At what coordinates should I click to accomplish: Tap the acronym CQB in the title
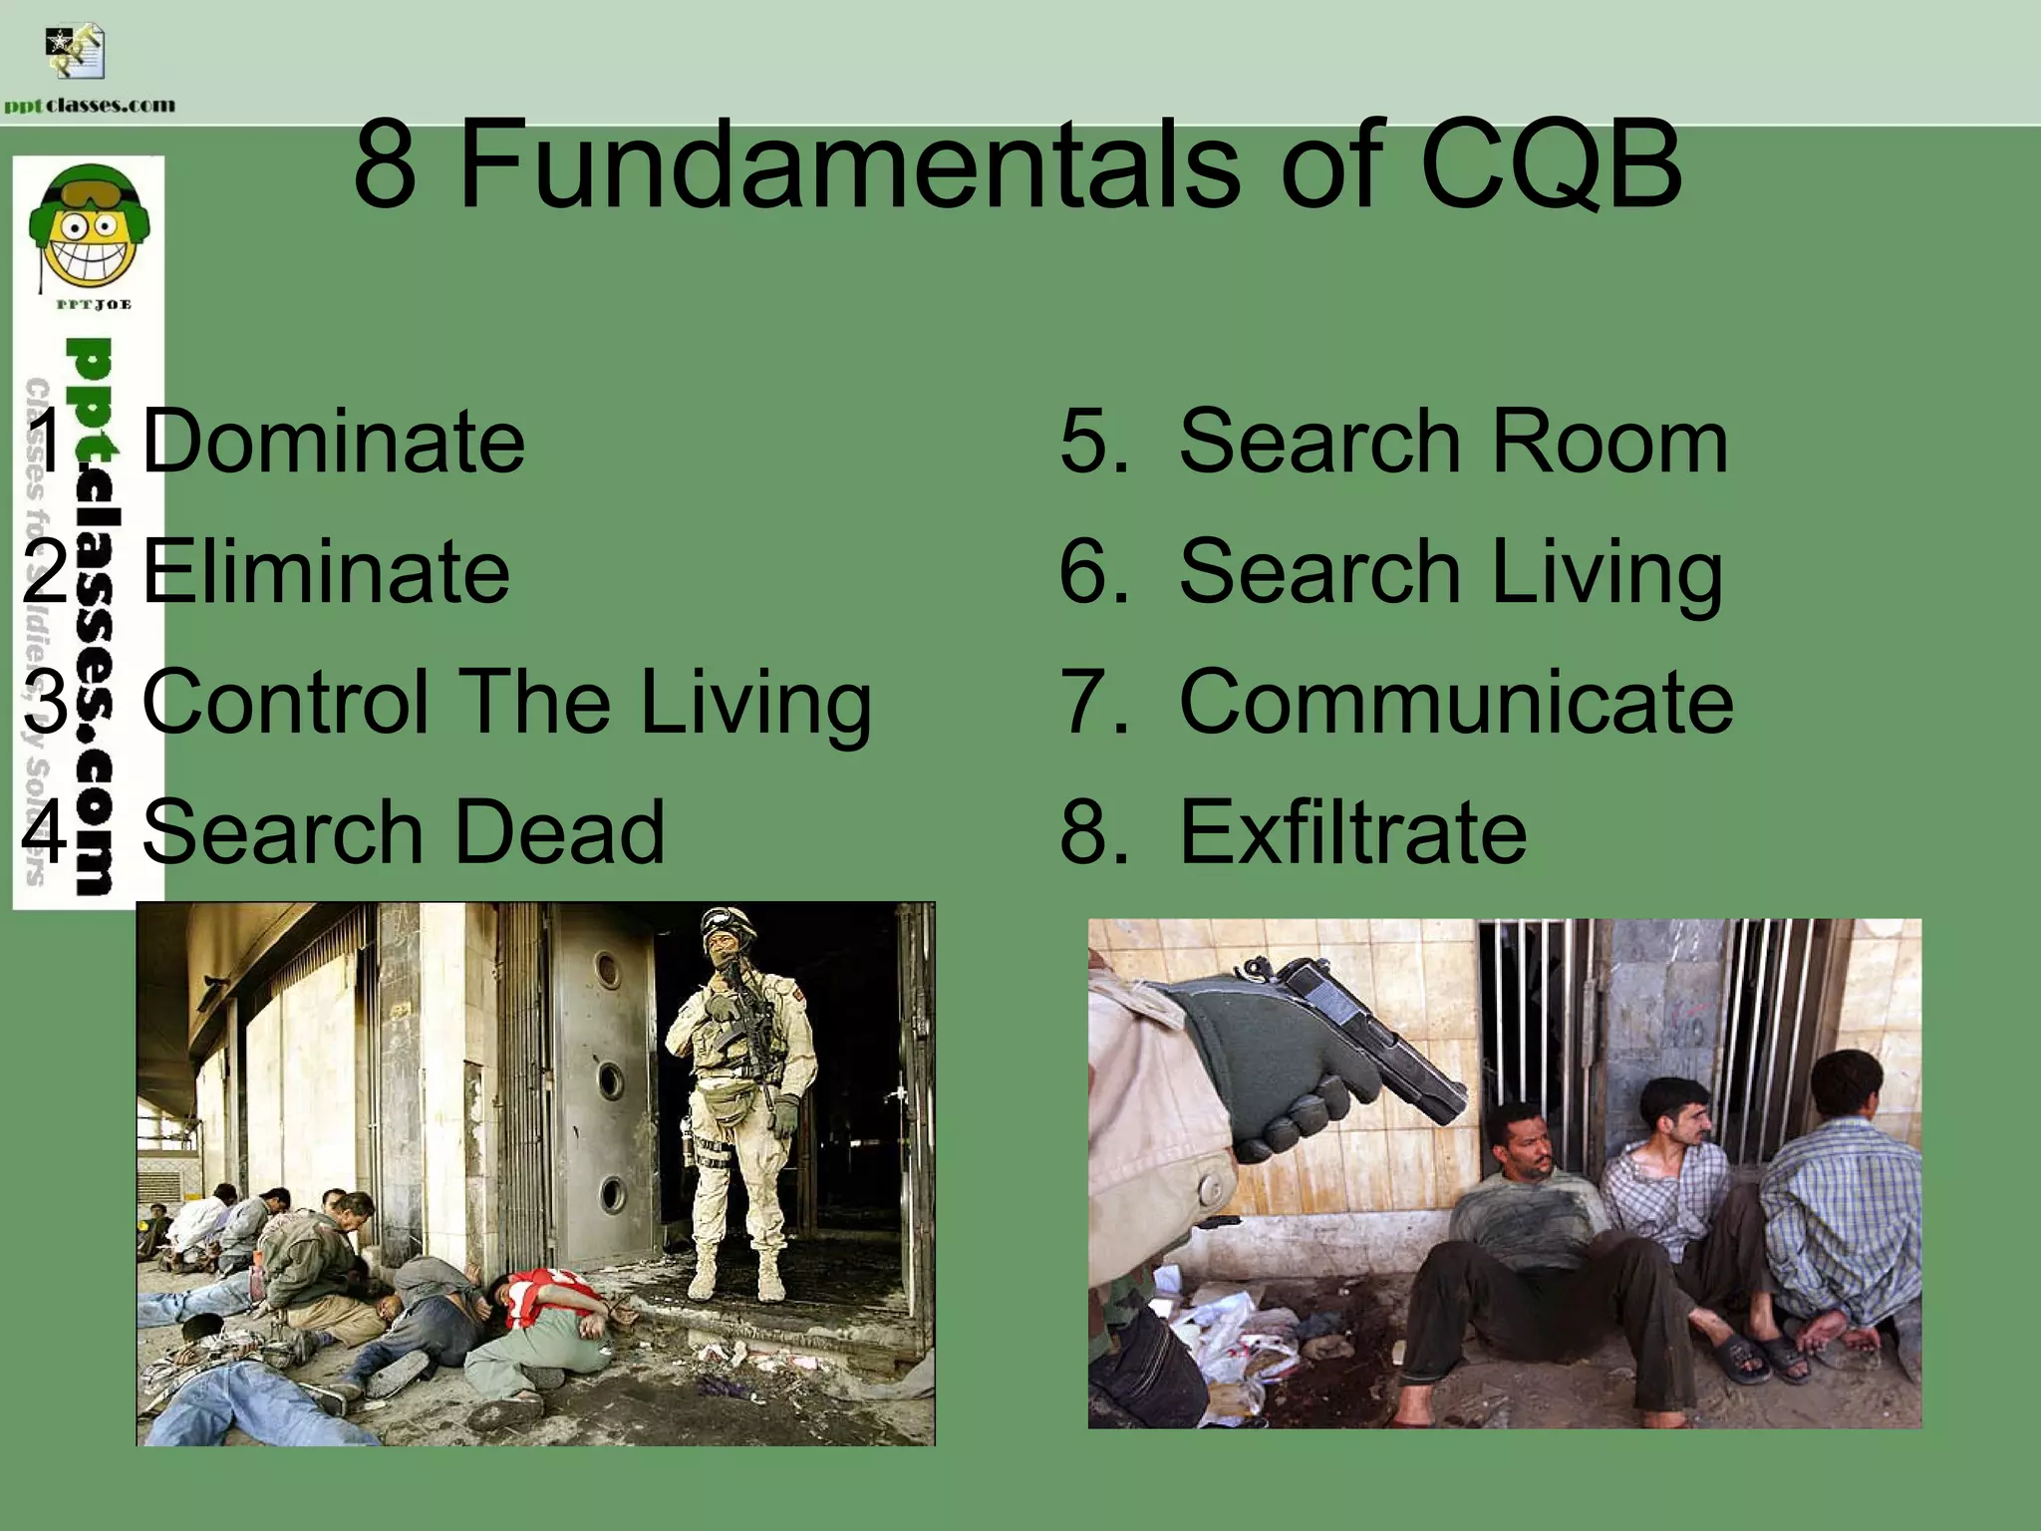(1551, 165)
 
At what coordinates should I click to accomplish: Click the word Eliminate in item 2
(326, 572)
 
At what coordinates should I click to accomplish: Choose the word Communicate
(1456, 703)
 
